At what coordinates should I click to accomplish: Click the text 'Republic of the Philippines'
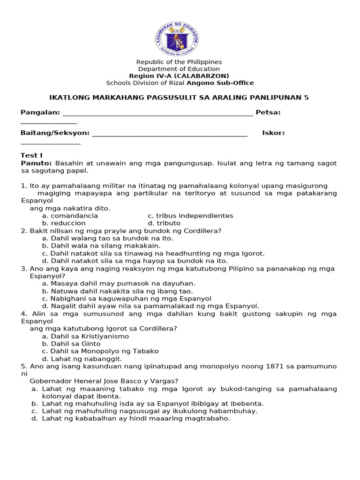pos(179,62)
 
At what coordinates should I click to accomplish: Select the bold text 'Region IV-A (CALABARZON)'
pos(179,76)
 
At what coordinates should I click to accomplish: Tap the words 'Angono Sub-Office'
pos(220,83)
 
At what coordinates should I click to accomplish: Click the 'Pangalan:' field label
pos(40,112)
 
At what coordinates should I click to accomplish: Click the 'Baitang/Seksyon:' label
pos(55,133)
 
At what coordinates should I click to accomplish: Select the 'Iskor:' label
pos(273,133)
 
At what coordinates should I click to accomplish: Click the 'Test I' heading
pos(31,155)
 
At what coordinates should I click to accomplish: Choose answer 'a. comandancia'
pos(70,216)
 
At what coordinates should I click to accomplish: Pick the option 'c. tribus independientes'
pos(190,216)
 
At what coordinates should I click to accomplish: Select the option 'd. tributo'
pos(164,223)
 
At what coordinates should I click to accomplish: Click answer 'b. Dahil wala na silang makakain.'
pos(101,246)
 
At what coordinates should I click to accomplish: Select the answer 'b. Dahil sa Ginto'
pos(71,344)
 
